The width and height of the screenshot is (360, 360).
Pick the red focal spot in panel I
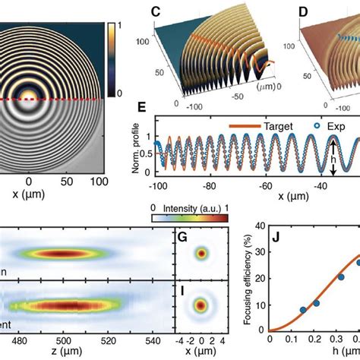tap(201, 306)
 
